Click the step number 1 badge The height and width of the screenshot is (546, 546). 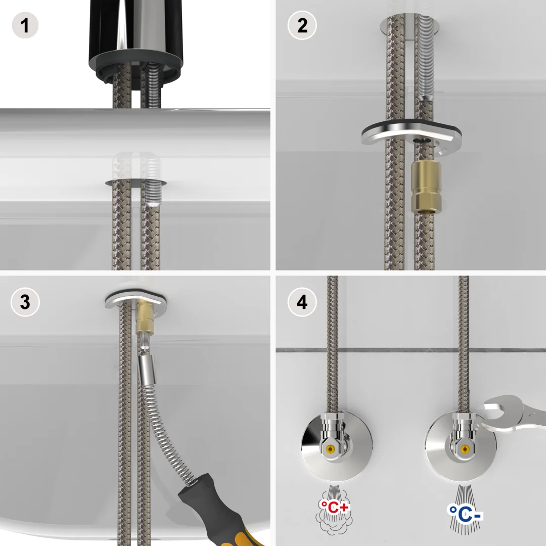25,25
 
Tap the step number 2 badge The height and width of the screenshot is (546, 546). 302,25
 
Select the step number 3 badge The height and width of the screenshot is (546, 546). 25,302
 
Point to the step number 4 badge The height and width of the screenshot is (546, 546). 302,302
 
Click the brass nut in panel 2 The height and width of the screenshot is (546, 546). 427,188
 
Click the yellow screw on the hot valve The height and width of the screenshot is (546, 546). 330,448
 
